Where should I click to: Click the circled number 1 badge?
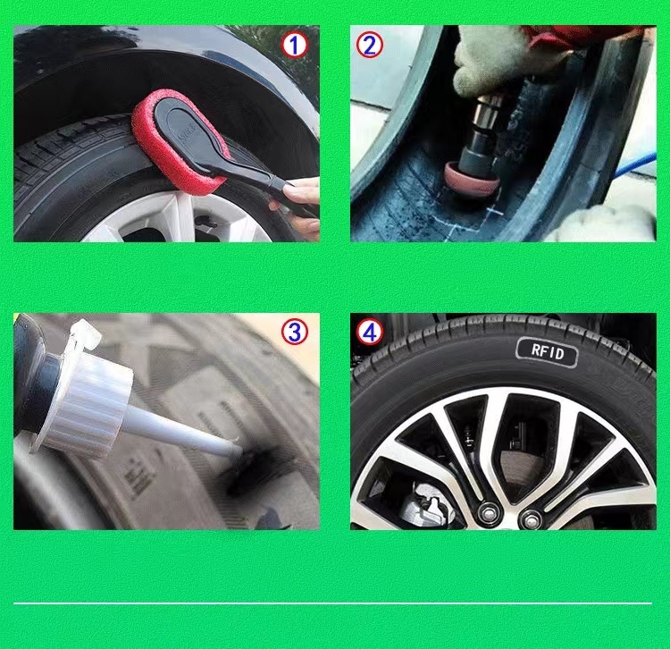click(x=295, y=45)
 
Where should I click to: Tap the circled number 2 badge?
click(x=369, y=45)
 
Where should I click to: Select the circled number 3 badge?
click(x=295, y=333)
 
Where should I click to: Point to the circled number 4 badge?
click(x=369, y=333)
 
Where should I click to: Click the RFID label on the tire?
click(x=548, y=352)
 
